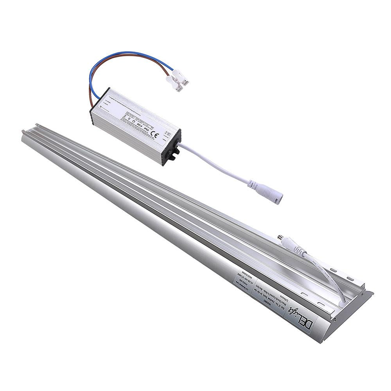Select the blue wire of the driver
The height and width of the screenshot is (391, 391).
(117, 57)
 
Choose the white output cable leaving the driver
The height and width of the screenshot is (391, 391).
(219, 164)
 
